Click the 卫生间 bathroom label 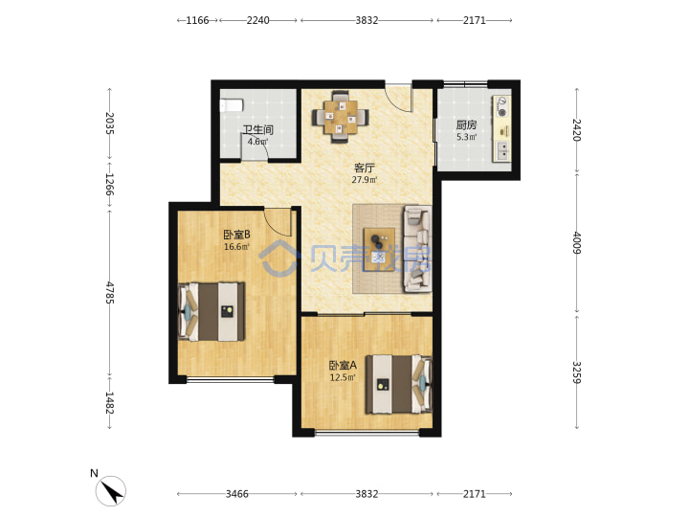[258, 129]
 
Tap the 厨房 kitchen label [466, 124]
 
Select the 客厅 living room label [365, 168]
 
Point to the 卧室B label [237, 235]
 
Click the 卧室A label [343, 366]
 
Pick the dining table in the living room [341, 117]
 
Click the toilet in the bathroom [232, 105]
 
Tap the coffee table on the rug [379, 250]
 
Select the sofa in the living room [417, 249]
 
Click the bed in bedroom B [211, 312]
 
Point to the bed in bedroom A [399, 384]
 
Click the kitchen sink [502, 151]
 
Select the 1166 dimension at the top [197, 20]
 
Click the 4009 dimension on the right [577, 242]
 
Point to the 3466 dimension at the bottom [237, 494]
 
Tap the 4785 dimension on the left [109, 293]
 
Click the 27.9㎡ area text [365, 180]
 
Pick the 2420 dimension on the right [577, 130]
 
